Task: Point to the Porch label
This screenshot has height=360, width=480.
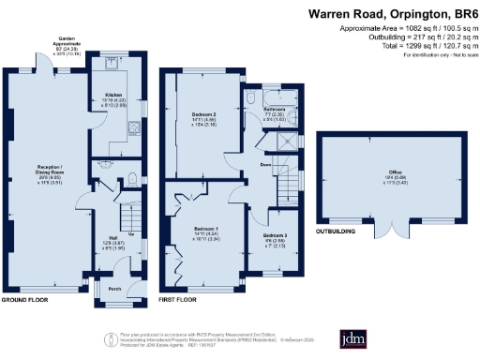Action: [114, 288]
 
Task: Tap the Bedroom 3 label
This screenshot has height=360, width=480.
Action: [274, 235]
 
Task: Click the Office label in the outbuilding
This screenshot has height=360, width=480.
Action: [384, 172]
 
